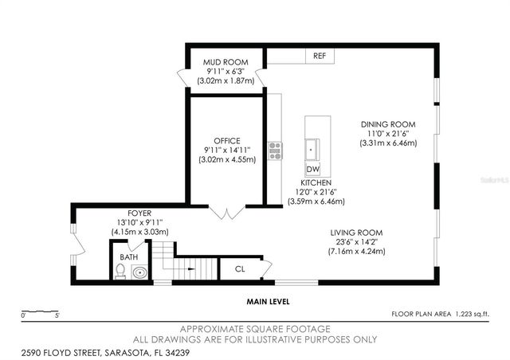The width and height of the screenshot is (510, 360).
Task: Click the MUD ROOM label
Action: tap(226, 62)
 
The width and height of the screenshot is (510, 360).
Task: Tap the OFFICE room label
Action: tap(226, 141)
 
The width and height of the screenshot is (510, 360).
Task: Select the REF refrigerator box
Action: tap(319, 56)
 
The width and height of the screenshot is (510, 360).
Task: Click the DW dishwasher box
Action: tap(312, 170)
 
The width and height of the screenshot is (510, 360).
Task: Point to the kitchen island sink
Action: tap(312, 149)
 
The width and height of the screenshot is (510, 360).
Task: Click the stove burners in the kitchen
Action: tap(275, 150)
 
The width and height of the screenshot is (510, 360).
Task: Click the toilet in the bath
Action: tap(120, 272)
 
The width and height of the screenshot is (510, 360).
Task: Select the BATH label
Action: tap(128, 257)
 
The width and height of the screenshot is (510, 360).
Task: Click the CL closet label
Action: tap(240, 269)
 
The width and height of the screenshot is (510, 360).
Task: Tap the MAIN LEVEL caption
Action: tap(267, 302)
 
